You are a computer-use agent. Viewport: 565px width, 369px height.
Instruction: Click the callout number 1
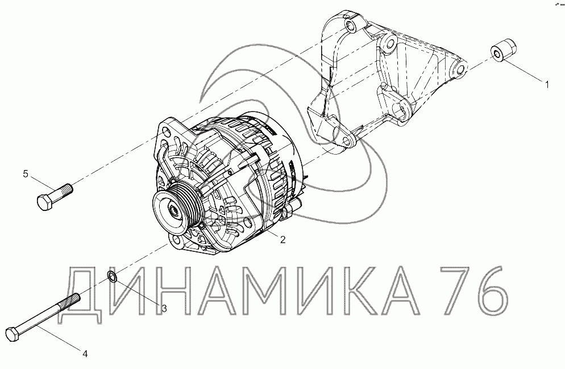547,85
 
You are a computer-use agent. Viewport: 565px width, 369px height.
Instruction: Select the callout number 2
283,239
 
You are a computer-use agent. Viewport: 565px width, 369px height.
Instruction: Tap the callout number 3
164,309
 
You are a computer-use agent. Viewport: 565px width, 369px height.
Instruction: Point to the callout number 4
85,354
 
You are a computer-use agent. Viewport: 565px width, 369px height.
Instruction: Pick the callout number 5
26,174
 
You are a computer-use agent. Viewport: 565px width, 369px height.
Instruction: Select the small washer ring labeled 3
112,277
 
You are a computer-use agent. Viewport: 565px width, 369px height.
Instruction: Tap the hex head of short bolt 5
45,202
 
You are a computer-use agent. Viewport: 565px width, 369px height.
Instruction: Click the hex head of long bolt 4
14,335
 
